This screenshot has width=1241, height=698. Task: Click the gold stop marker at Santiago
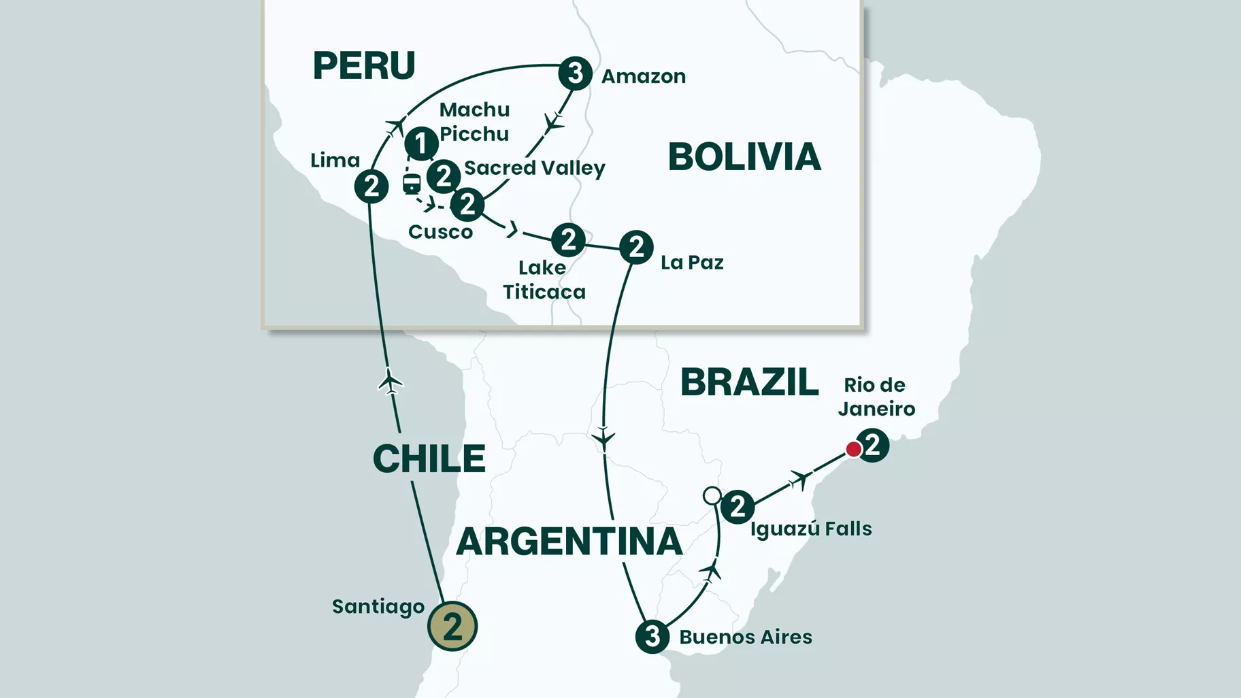(452, 626)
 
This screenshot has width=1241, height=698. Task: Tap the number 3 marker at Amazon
(575, 73)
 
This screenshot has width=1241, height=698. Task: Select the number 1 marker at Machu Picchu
(421, 144)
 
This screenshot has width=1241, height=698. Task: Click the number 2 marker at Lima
(371, 186)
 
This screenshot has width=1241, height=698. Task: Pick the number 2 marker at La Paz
(636, 247)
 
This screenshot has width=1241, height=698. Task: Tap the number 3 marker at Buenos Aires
(652, 637)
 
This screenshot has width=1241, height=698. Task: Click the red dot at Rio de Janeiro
(853, 449)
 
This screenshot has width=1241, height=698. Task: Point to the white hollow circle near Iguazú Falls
(712, 495)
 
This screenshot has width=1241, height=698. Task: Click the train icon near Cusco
(412, 183)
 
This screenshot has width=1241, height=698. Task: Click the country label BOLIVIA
(744, 157)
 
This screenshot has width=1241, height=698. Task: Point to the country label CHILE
(429, 459)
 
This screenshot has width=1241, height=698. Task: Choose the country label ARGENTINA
(569, 542)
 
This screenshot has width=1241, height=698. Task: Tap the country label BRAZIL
(750, 382)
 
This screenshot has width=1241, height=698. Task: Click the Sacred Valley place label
(534, 168)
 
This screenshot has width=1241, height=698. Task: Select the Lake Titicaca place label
(544, 280)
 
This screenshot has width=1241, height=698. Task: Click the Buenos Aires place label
(746, 637)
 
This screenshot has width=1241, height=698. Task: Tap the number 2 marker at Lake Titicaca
(568, 239)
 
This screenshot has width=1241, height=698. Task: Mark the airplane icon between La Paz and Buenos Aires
(603, 437)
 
